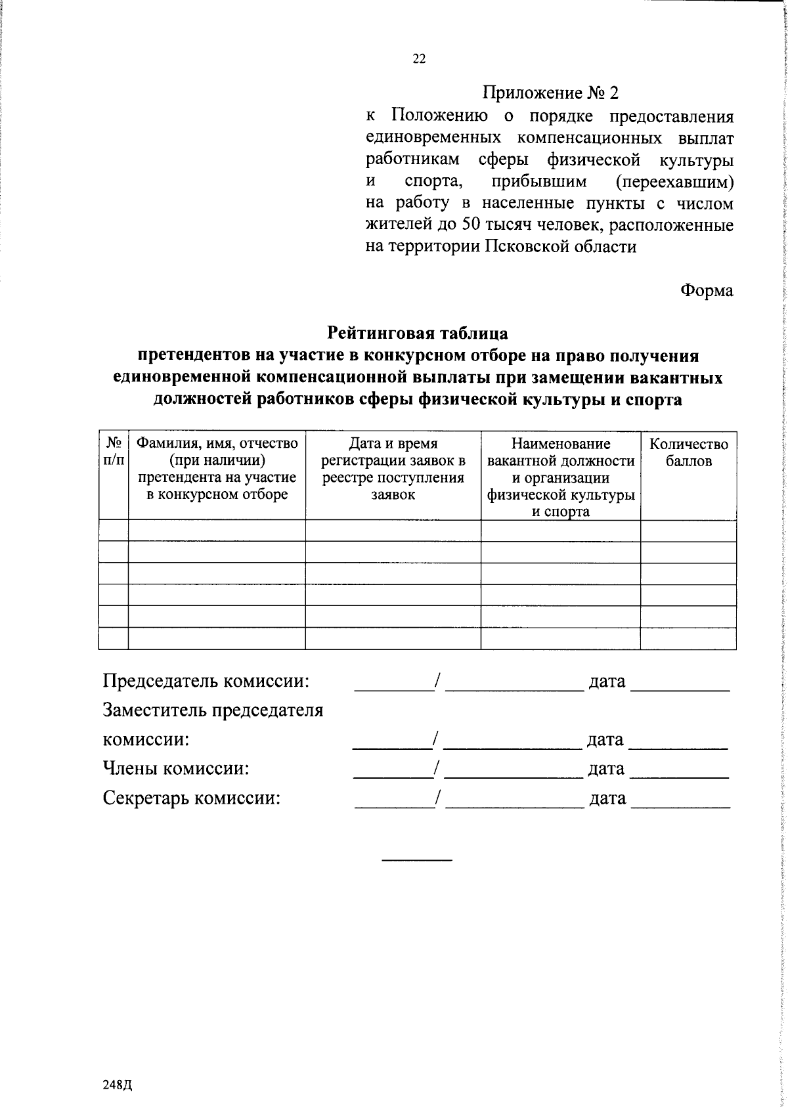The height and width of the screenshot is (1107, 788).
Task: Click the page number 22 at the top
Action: tap(419, 59)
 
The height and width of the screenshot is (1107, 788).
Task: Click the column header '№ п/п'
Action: tap(113, 452)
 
